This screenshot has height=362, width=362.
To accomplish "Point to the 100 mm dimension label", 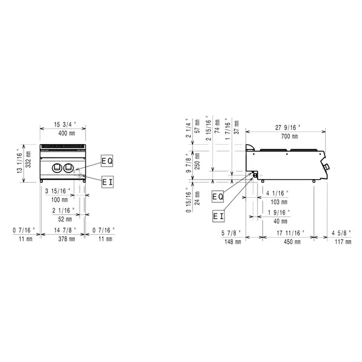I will (60, 200).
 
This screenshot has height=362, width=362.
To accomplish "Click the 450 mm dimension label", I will (287, 241).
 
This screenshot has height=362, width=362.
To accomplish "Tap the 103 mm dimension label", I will (276, 202).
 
